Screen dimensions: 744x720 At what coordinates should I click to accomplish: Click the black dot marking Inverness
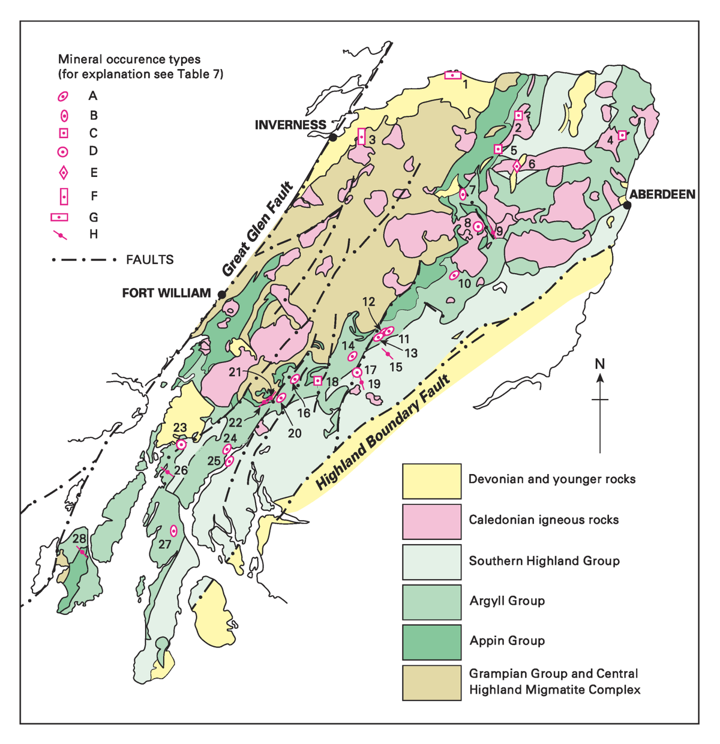[x=332, y=137]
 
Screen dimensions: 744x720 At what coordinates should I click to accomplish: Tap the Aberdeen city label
[x=662, y=194]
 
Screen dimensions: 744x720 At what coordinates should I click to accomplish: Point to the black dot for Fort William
[x=222, y=295]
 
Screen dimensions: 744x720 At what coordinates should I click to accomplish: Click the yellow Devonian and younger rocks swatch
[x=431, y=481]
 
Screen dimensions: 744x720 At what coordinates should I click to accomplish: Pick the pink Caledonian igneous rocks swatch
[x=431, y=521]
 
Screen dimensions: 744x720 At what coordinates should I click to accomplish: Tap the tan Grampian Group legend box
[x=431, y=682]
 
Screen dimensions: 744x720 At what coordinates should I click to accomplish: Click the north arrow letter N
[x=599, y=364]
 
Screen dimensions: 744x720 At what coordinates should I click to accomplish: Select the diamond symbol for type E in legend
[x=63, y=173]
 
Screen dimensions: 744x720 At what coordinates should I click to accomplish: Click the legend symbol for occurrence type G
[x=63, y=217]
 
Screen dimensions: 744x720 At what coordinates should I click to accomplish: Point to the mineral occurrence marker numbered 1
[x=452, y=75]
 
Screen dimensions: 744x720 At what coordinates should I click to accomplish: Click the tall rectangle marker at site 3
[x=361, y=136]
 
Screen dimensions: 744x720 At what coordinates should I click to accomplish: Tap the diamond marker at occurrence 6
[x=517, y=166]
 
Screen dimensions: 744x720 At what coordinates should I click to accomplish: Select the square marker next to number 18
[x=318, y=381]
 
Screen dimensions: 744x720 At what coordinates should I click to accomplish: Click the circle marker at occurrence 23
[x=181, y=445]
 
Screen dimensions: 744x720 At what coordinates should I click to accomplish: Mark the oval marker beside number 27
[x=173, y=530]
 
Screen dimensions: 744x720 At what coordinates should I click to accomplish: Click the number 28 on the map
[x=79, y=539]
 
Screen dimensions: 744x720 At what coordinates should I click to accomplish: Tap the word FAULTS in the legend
[x=150, y=260]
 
